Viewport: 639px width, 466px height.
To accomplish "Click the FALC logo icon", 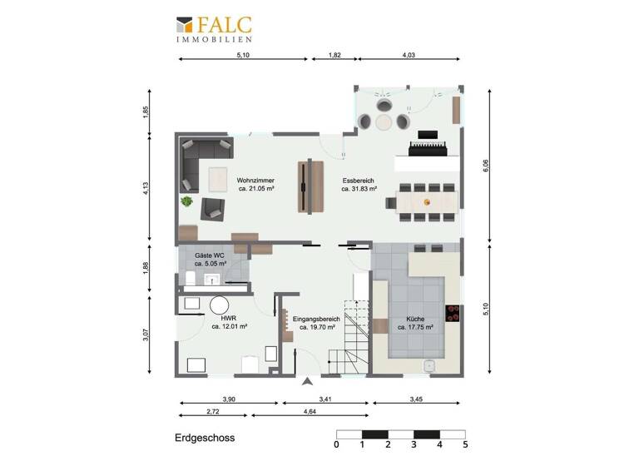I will (x=185, y=25).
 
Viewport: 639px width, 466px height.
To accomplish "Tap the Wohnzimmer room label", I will (x=255, y=184).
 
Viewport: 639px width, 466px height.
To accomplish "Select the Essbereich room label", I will (x=359, y=184).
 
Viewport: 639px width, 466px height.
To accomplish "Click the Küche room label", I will (x=414, y=323).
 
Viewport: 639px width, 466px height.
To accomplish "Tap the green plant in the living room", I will (x=187, y=201).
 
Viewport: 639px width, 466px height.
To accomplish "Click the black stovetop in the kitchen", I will (x=454, y=313).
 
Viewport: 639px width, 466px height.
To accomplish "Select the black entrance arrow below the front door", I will (x=308, y=382).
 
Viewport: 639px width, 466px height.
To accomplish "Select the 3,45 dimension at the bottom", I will (x=416, y=400).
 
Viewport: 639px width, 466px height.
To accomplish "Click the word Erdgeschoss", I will (x=205, y=438).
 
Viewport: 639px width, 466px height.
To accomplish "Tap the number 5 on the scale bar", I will (x=465, y=445).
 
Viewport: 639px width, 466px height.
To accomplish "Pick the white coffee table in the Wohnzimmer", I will (x=218, y=178).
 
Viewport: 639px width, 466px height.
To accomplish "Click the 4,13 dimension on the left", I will (x=146, y=189).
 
